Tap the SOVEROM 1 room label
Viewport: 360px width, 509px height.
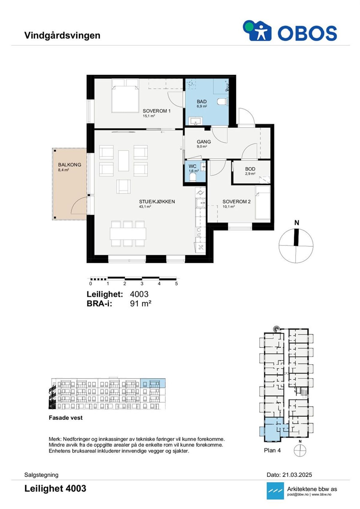click(x=156, y=111)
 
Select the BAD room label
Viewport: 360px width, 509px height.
click(x=202, y=102)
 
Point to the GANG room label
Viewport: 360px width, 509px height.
click(x=204, y=142)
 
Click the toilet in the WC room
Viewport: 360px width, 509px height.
click(x=193, y=178)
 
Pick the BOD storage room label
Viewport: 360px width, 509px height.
click(x=250, y=169)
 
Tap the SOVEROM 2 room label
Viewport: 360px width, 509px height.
click(x=236, y=202)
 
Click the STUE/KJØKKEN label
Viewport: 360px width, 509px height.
click(x=157, y=202)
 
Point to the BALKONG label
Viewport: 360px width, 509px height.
click(x=70, y=165)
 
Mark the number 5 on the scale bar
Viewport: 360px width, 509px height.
click(x=176, y=283)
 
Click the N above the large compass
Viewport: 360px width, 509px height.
click(x=297, y=223)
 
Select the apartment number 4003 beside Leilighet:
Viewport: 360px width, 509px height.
click(x=139, y=294)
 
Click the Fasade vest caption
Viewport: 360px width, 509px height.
click(x=66, y=418)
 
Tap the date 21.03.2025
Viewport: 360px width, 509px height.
click(x=297, y=475)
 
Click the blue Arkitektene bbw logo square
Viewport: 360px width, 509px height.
click(x=275, y=490)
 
